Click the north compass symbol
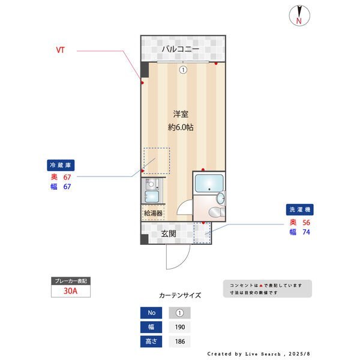pos(298,16)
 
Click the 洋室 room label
pos(180,113)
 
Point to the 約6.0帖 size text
pos(180,127)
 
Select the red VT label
pos(61,50)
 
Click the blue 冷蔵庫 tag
pos(61,165)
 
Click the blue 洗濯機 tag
pos(300,210)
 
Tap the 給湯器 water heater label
pos(152,213)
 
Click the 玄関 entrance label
pos(168,233)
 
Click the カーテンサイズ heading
pos(180,296)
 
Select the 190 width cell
pos(179,328)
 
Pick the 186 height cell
pos(179,342)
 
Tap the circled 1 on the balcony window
pos(182,70)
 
